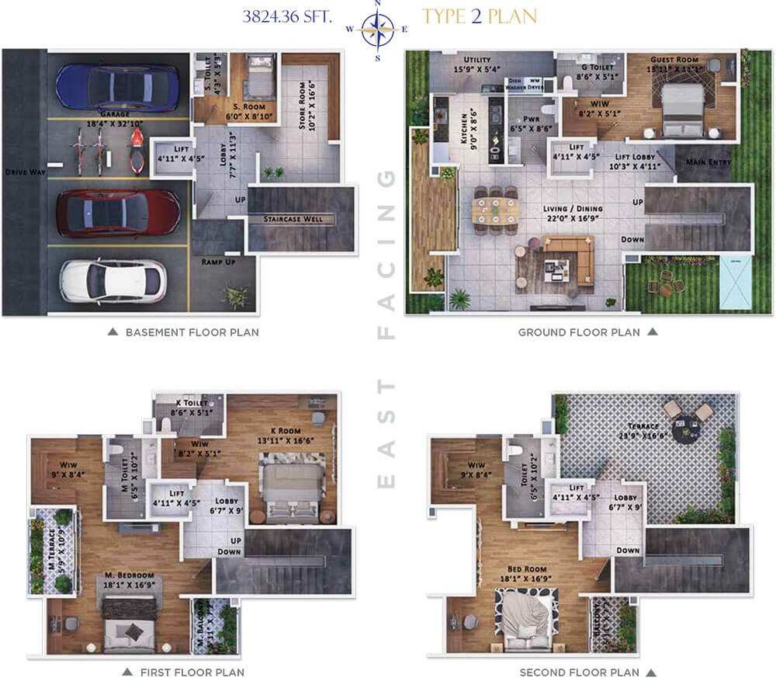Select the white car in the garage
[x=113, y=280]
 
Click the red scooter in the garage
[x=137, y=149]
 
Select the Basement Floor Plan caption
[x=192, y=332]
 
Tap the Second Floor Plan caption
[x=579, y=672]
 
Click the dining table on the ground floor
[x=495, y=209]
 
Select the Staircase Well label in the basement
[x=302, y=220]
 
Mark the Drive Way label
[x=23, y=172]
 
